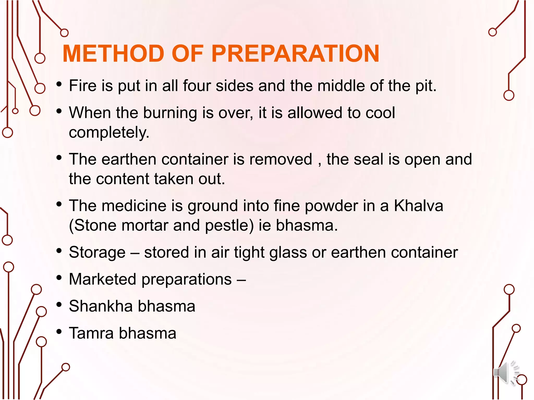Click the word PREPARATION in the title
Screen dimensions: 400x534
[295, 54]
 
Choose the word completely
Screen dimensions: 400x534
[109, 133]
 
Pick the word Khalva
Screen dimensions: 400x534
[418, 206]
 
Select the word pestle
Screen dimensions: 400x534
[229, 225]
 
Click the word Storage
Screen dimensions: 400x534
[97, 252]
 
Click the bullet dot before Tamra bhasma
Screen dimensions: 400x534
[59, 332]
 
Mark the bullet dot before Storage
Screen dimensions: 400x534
[59, 251]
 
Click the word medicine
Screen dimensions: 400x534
[134, 206]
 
